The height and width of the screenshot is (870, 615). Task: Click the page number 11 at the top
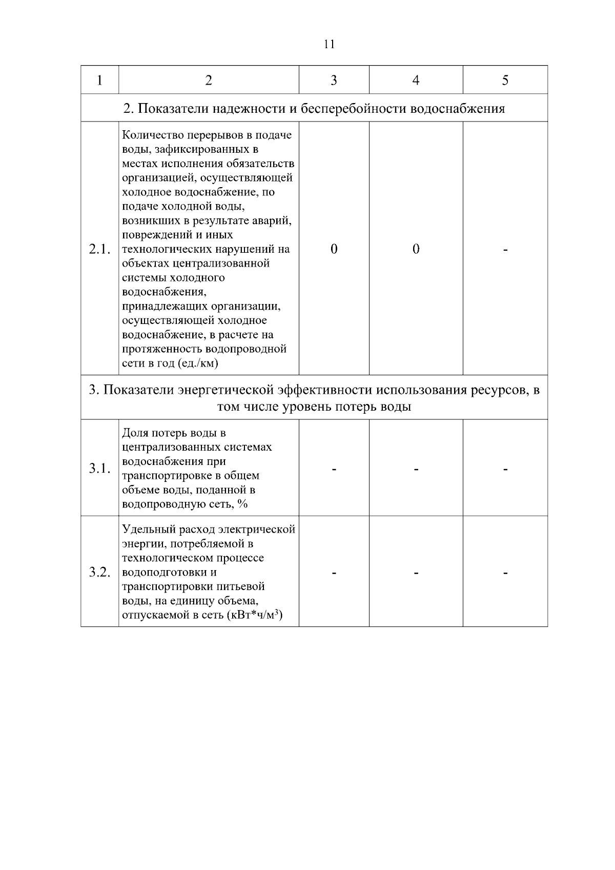[x=330, y=44]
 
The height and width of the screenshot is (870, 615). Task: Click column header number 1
[x=99, y=80]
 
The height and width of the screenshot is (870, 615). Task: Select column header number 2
[x=208, y=80]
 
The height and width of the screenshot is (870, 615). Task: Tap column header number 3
[x=334, y=80]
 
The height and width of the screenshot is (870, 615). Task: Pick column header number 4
[x=416, y=80]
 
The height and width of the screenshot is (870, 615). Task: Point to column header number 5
[x=505, y=80]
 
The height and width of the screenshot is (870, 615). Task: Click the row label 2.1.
[x=99, y=249]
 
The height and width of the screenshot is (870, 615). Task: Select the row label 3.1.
[x=99, y=469]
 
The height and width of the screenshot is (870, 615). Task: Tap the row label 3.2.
[x=99, y=572]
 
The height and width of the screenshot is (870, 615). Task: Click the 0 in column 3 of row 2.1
[x=334, y=249]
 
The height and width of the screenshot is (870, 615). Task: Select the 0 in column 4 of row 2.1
[x=416, y=249]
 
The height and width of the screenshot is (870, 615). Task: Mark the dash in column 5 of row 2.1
[x=505, y=250]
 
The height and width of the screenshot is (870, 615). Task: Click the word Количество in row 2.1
[x=148, y=135]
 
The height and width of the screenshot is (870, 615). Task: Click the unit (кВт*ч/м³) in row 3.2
[x=255, y=615]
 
